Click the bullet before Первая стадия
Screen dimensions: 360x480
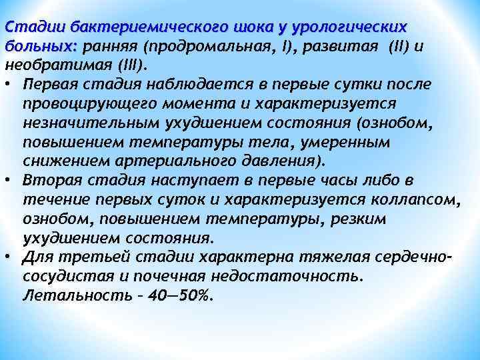coord(9,85)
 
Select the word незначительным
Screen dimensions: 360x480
coord(87,123)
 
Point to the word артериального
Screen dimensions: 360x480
coord(169,161)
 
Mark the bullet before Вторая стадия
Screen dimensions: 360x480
coord(9,180)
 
